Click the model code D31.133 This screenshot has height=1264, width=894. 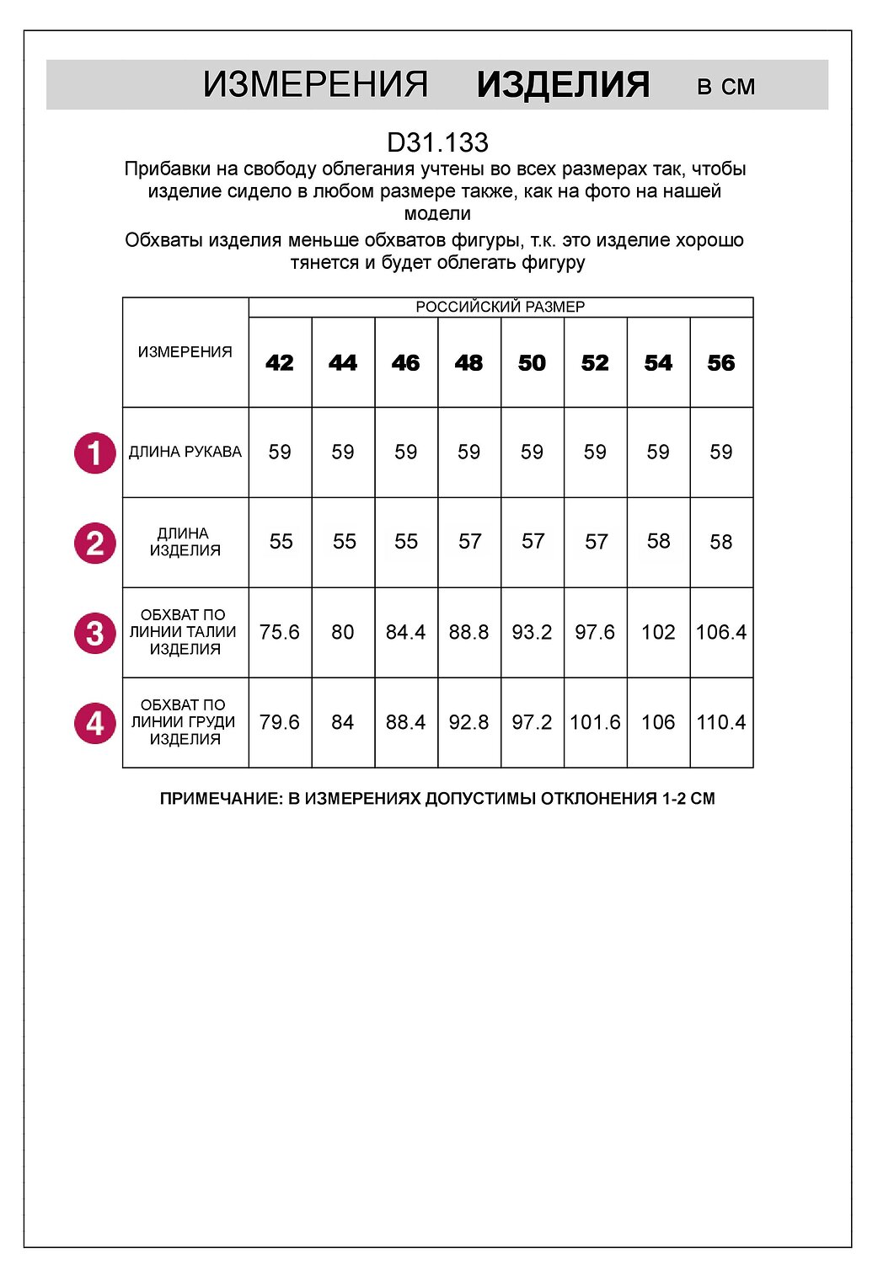pyautogui.click(x=437, y=142)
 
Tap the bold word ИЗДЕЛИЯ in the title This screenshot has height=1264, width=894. pyautogui.click(x=563, y=85)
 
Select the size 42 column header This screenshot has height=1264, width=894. pyautogui.click(x=280, y=363)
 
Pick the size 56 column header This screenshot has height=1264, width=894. pyautogui.click(x=721, y=363)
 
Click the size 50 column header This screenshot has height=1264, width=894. pyautogui.click(x=532, y=363)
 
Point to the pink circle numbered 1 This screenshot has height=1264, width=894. pyautogui.click(x=95, y=453)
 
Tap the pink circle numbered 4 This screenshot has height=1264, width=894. pyautogui.click(x=95, y=723)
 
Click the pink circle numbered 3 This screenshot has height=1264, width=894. pyautogui.click(x=95, y=633)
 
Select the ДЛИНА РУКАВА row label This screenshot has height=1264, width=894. pyautogui.click(x=185, y=453)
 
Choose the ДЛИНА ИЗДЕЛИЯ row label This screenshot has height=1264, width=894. pyautogui.click(x=185, y=542)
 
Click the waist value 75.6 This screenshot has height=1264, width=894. pyautogui.click(x=280, y=632)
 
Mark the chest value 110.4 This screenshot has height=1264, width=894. pyautogui.click(x=721, y=722)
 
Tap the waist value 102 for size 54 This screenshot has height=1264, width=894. pyautogui.click(x=658, y=632)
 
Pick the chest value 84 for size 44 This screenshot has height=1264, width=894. pyautogui.click(x=343, y=722)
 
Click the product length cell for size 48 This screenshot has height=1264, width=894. pyautogui.click(x=469, y=542)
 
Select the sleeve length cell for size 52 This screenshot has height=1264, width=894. pyautogui.click(x=595, y=453)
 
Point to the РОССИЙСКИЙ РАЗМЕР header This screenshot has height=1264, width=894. pyautogui.click(x=501, y=307)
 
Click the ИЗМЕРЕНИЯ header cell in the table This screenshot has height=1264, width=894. pyautogui.click(x=185, y=352)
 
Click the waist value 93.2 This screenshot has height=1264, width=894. pyautogui.click(x=532, y=632)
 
